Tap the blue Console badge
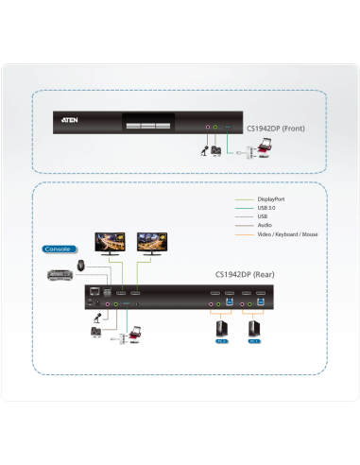pos(57,250)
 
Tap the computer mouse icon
pos(82,265)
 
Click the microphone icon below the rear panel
pos(96,332)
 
